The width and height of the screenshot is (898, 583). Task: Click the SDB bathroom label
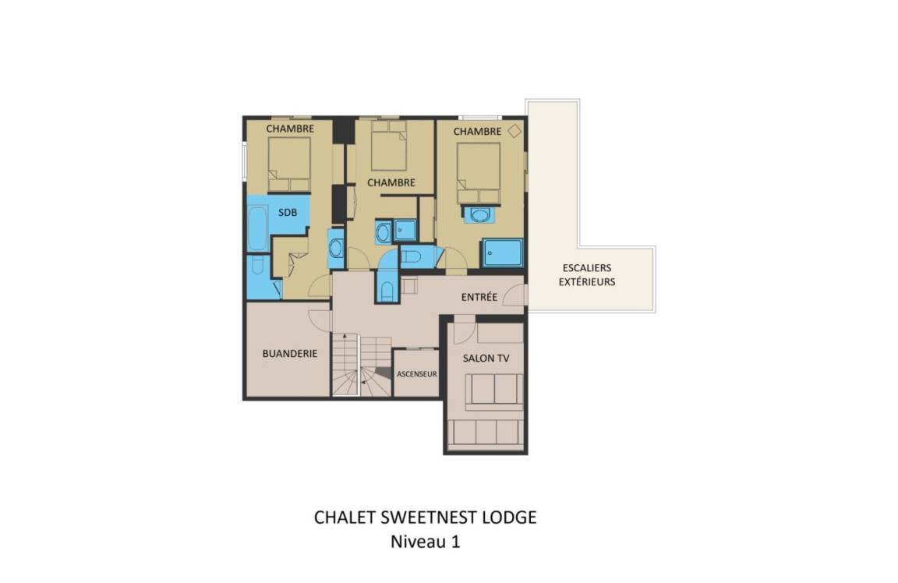[x=288, y=213]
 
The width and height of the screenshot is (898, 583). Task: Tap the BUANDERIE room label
[x=290, y=353]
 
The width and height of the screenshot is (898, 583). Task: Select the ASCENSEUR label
[x=417, y=374]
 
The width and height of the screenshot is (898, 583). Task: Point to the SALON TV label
[x=486, y=358]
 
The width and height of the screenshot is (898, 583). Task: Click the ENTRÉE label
[x=479, y=297]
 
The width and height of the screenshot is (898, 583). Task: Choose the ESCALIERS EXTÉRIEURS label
[x=587, y=274]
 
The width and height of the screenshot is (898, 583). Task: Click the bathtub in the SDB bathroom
[x=258, y=228]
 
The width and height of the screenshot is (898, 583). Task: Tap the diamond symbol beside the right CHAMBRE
[x=514, y=131]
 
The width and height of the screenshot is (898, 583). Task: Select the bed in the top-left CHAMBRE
[x=289, y=164]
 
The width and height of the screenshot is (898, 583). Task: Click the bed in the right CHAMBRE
[x=479, y=173]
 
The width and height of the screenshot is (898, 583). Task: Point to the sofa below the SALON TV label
[x=493, y=392]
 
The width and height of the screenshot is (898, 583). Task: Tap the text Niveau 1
[x=426, y=541]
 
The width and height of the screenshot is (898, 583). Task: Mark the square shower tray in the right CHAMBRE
[x=502, y=253]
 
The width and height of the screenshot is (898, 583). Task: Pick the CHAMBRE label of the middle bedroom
[x=391, y=182]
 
